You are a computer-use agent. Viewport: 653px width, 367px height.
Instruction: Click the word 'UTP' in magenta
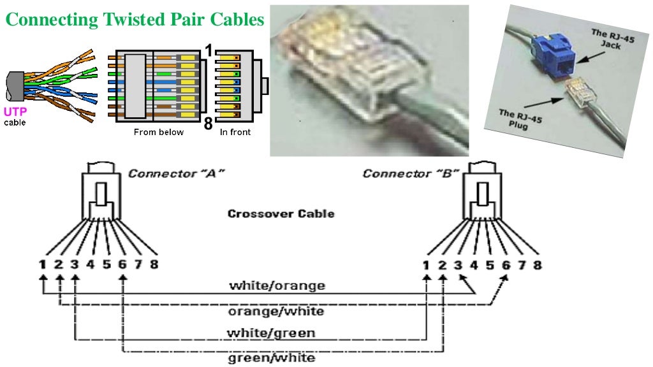click(x=15, y=111)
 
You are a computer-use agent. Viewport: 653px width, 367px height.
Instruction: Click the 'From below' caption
click(x=158, y=133)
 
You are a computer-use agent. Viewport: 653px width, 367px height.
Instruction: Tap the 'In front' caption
click(x=235, y=133)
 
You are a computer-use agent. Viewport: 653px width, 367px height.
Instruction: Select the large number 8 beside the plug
click(x=208, y=124)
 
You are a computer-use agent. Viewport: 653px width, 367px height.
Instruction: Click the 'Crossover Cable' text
click(x=281, y=213)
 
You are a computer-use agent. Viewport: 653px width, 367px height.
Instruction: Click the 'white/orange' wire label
click(x=277, y=285)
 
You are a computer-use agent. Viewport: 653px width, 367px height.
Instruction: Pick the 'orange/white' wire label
click(x=276, y=311)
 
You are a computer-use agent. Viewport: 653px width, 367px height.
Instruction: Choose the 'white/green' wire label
click(x=271, y=333)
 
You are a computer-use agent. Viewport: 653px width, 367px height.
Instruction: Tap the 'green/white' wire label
click(x=271, y=357)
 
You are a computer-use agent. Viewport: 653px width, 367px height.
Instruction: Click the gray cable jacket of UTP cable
click(x=14, y=85)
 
